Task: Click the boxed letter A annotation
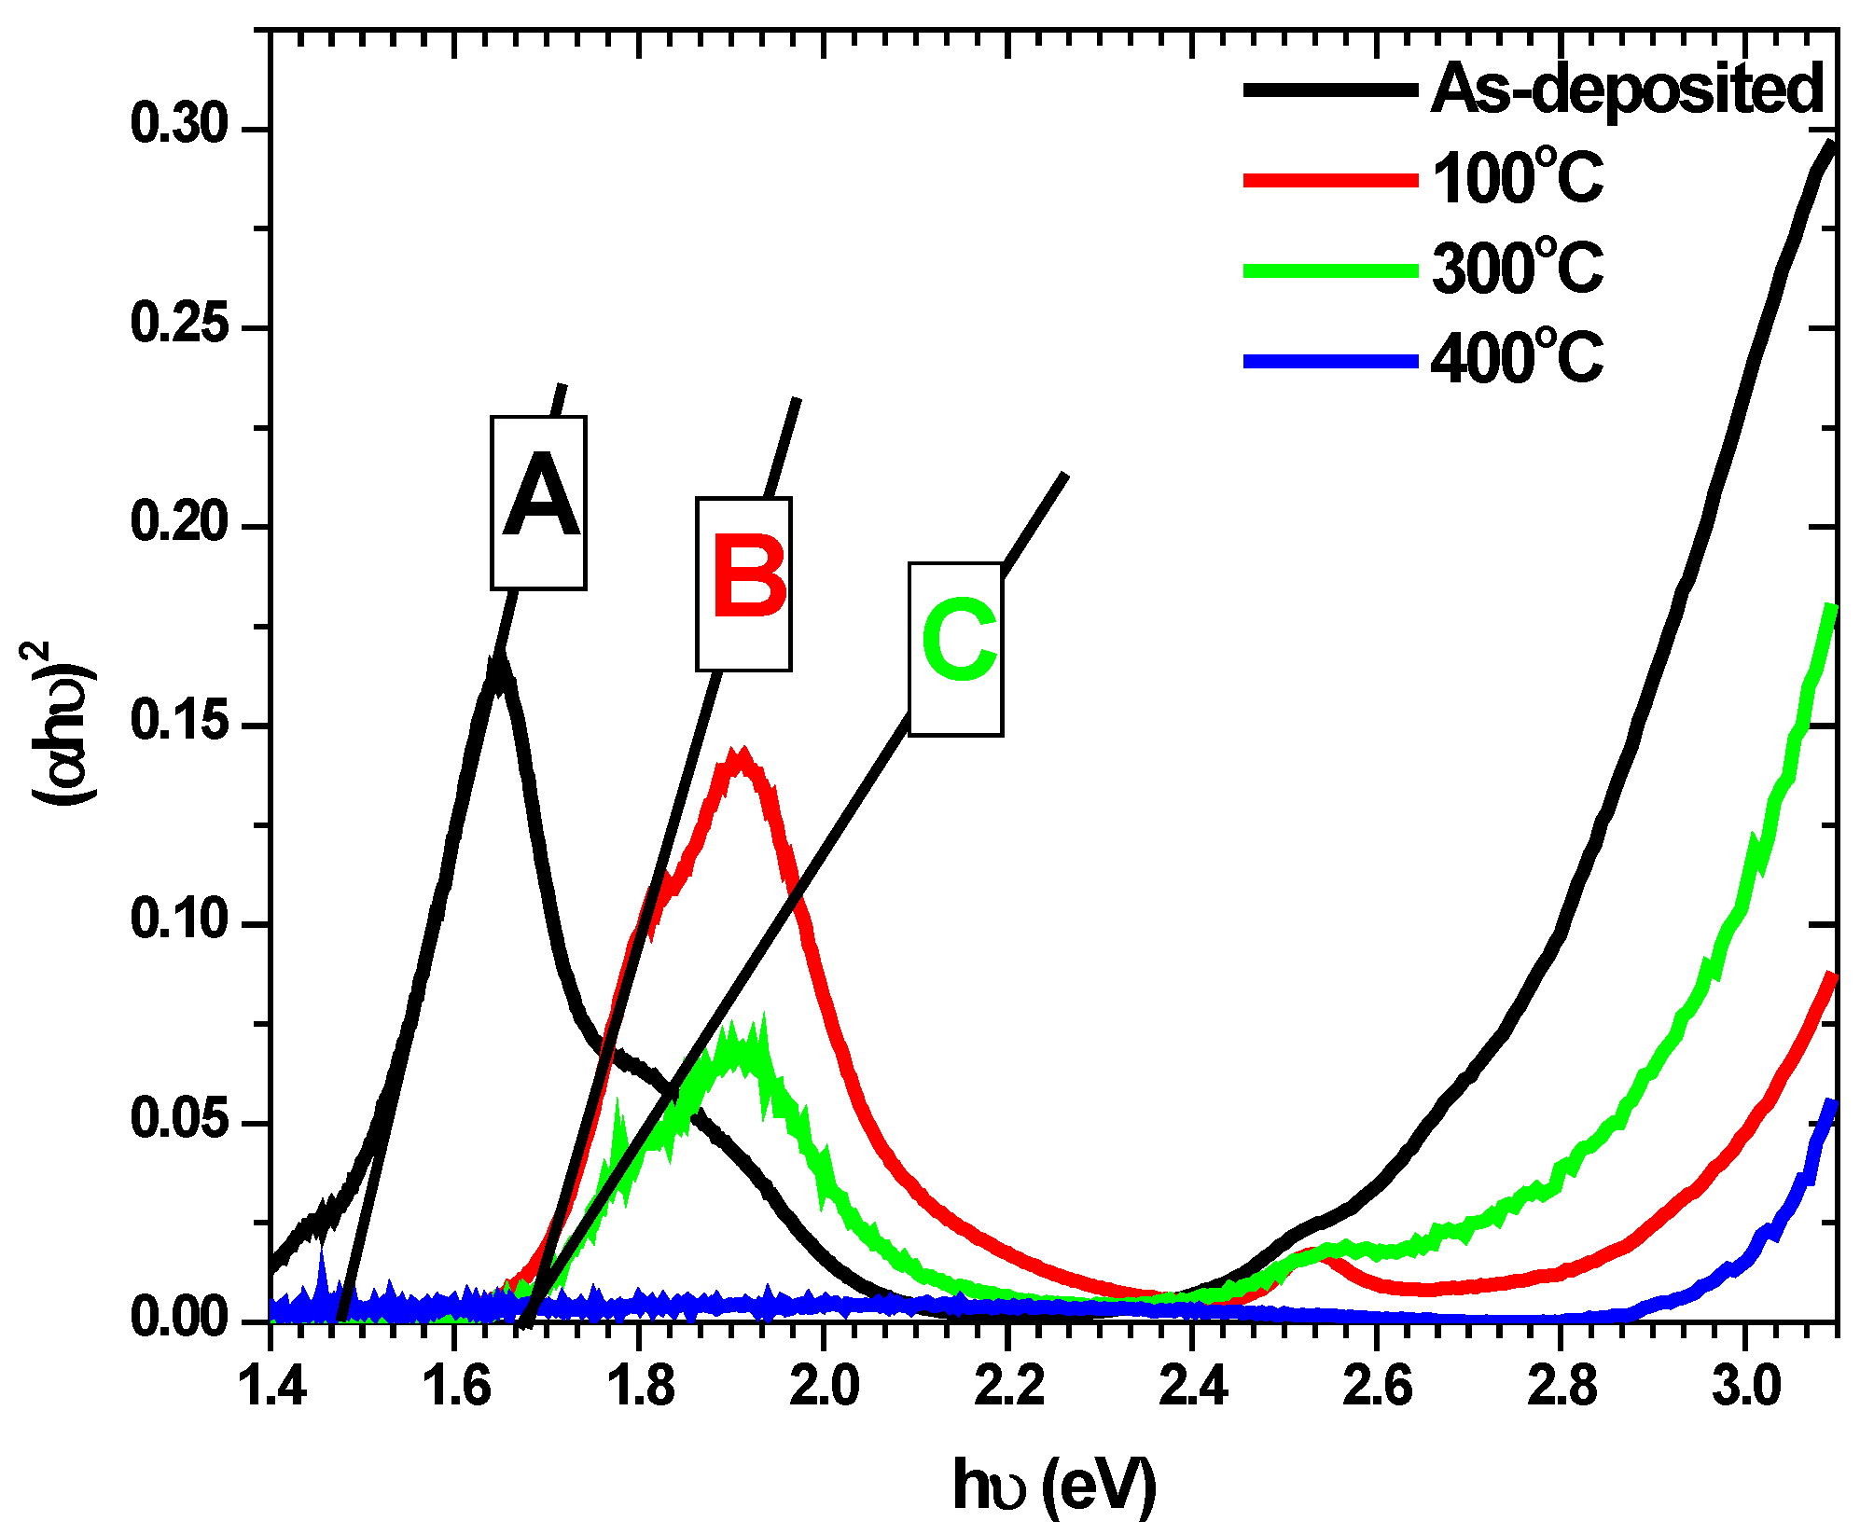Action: [x=539, y=503]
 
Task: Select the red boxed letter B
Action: [x=743, y=584]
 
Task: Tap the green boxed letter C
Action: [x=956, y=648]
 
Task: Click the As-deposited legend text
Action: [x=1627, y=90]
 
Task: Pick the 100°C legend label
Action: [x=1517, y=177]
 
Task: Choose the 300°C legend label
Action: [x=1517, y=268]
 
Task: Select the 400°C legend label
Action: [x=1517, y=357]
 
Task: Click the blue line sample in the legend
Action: [x=1330, y=361]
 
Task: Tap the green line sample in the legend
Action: [x=1330, y=271]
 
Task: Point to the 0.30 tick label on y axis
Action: [x=180, y=125]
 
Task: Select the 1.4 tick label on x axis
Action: [x=272, y=1386]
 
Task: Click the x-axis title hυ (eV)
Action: [x=1054, y=1486]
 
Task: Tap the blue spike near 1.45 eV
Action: [x=322, y=1254]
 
